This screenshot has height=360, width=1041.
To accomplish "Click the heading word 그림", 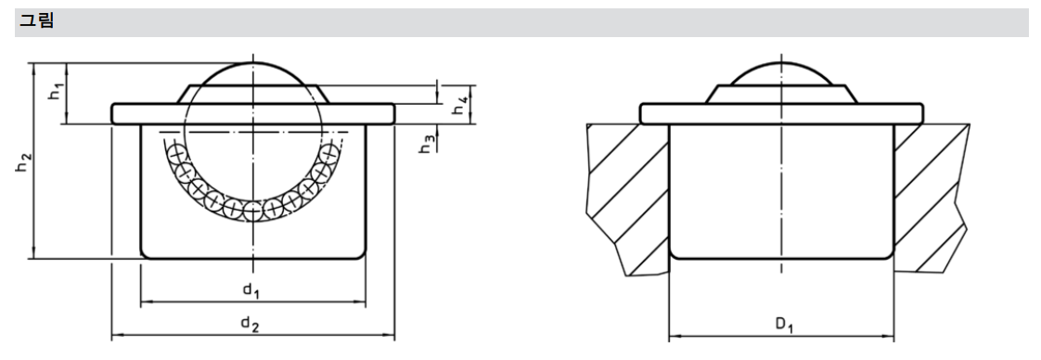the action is [36, 21].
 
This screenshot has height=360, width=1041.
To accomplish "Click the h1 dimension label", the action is [55, 93].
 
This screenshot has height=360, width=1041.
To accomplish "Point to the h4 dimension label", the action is [460, 105].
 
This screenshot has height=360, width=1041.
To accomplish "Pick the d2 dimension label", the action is [250, 325].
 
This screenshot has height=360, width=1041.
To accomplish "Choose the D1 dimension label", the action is [784, 325].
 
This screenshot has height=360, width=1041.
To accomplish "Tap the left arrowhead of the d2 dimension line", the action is [117, 337].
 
